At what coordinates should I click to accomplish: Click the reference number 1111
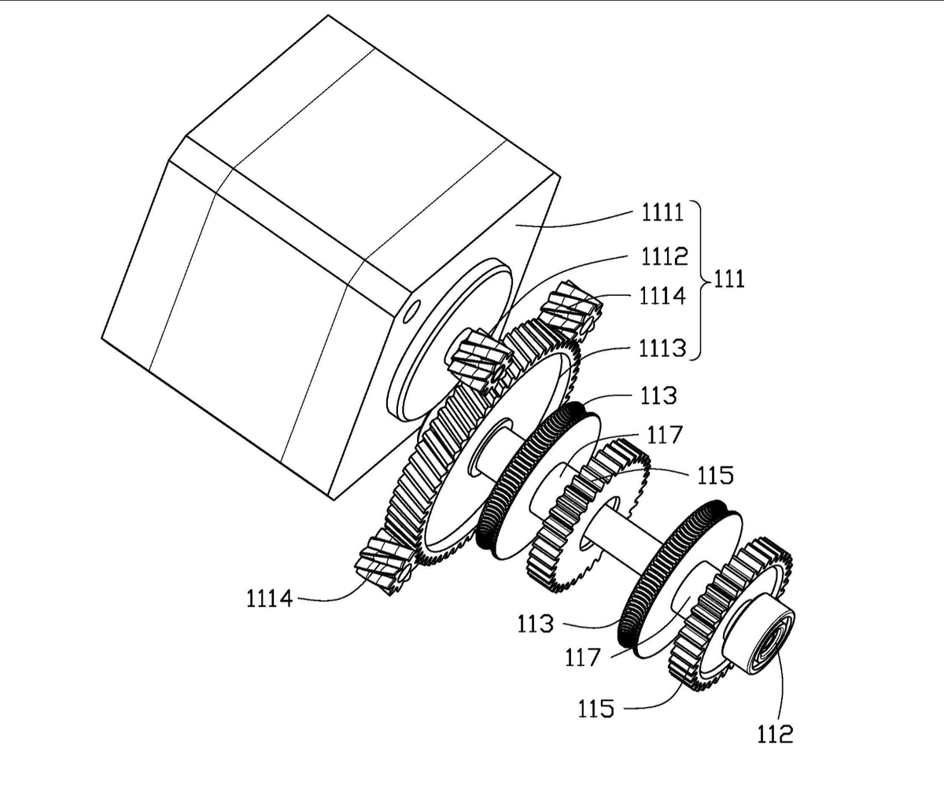[662, 212]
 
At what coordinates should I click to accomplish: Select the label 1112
[665, 256]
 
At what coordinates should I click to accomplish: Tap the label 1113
[662, 348]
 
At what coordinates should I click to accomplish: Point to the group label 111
[728, 279]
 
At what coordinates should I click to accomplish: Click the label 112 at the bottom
[775, 735]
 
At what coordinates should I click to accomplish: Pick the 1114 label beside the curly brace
[662, 296]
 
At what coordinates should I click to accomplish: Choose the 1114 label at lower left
[270, 599]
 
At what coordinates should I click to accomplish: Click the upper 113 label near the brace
[658, 396]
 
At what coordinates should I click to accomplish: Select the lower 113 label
[535, 624]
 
